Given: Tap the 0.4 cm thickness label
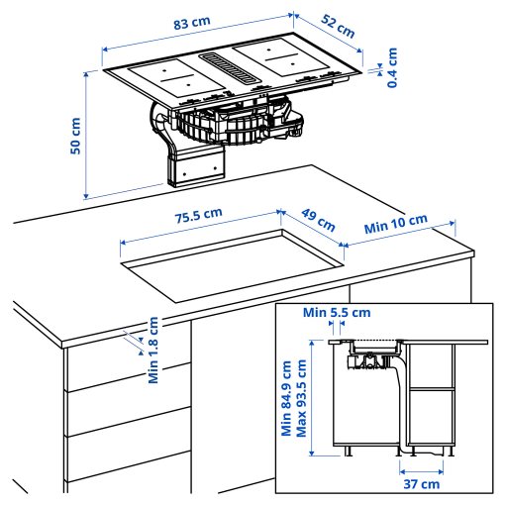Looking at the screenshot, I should tap(393, 66).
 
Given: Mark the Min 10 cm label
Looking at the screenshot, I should tap(395, 224).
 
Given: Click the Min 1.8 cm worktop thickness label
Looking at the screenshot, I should tap(153, 351).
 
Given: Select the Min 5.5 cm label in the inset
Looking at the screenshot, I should tap(337, 313).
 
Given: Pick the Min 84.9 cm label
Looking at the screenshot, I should tap(286, 397).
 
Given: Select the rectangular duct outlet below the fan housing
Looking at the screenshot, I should tap(194, 166).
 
